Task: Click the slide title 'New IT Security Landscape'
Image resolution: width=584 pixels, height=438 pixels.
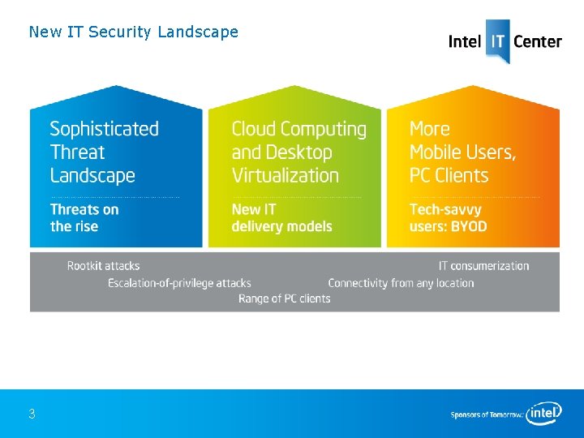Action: click(x=133, y=32)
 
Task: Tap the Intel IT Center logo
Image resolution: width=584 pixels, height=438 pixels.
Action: click(x=505, y=41)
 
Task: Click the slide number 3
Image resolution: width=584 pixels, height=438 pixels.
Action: click(x=32, y=414)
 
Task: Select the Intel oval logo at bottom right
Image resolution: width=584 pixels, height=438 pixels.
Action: click(x=543, y=414)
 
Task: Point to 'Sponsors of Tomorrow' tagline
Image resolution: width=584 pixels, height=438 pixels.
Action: click(x=487, y=415)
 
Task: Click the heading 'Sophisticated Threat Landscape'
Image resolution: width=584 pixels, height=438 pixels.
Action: click(x=104, y=152)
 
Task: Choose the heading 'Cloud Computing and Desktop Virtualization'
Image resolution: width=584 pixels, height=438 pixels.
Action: click(x=298, y=152)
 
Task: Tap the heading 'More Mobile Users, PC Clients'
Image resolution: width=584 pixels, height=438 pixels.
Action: click(x=462, y=152)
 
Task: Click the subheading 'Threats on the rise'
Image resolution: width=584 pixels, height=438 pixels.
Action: click(x=84, y=217)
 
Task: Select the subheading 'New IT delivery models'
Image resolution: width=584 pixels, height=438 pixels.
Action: click(x=281, y=217)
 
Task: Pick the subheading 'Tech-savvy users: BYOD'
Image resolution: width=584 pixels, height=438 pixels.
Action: click(x=449, y=217)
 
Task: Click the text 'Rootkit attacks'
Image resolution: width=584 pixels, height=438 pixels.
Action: click(x=103, y=266)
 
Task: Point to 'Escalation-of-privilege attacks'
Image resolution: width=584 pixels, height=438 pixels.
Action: click(x=179, y=283)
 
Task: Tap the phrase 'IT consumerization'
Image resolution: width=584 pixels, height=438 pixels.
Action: click(x=483, y=266)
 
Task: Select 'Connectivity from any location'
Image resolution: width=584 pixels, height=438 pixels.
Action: click(x=401, y=283)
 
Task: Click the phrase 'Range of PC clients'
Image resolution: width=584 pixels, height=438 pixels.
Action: click(x=284, y=298)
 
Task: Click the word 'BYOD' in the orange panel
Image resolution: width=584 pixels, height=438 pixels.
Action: click(x=467, y=226)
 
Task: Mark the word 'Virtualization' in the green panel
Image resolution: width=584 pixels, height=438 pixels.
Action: click(x=285, y=175)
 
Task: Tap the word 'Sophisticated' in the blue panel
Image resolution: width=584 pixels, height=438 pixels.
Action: click(x=104, y=129)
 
